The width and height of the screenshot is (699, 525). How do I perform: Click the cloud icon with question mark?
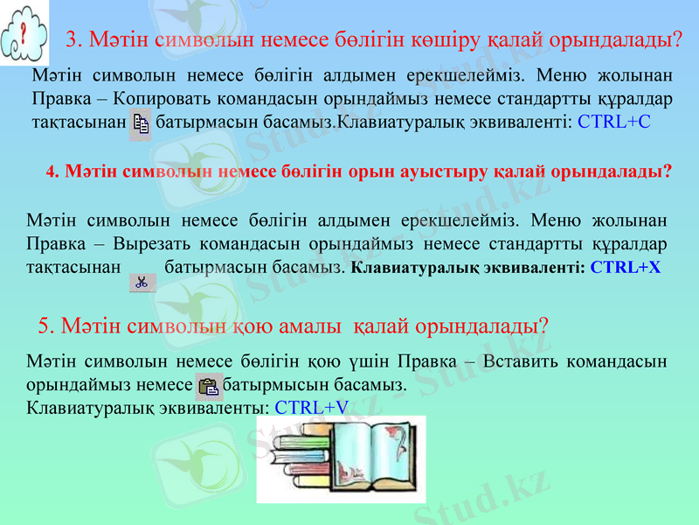click(24, 35)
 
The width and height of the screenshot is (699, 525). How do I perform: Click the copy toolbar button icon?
click(140, 123)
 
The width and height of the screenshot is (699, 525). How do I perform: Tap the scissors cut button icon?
click(141, 282)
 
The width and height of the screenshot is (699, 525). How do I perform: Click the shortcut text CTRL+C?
click(614, 122)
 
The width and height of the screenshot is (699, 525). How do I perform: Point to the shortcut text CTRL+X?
click(625, 268)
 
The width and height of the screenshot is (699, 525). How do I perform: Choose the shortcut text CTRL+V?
click(311, 407)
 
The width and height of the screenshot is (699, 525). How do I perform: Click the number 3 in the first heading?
click(73, 40)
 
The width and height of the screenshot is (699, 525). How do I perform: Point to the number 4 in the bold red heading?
click(50, 171)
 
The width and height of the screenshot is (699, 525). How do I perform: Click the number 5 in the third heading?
click(45, 327)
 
